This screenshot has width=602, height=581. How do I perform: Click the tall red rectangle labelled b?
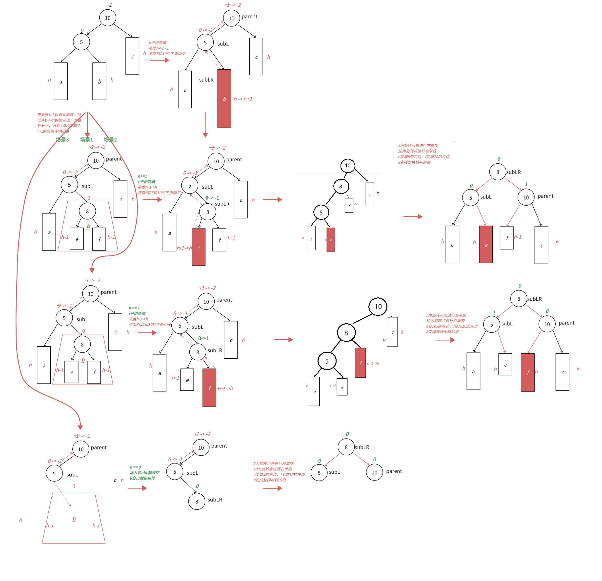[x=224, y=98]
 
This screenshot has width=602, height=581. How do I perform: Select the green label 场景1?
[x=87, y=140]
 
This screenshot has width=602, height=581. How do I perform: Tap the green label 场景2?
[x=110, y=140]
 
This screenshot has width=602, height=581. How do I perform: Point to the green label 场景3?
[x=62, y=140]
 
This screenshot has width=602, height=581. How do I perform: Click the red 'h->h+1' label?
[x=243, y=99]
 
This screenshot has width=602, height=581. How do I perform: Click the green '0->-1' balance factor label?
[x=212, y=198]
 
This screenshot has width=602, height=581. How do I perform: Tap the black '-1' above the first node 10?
[x=110, y=5]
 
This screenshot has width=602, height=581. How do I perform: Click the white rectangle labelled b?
[x=99, y=81]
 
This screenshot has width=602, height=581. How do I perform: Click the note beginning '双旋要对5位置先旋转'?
[x=59, y=123]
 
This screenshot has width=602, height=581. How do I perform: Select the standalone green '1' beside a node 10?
[x=526, y=184]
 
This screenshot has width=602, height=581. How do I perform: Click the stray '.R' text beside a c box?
[x=384, y=340]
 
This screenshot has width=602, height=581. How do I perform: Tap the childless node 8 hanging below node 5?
[x=197, y=502]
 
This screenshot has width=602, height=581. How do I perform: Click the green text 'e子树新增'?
[x=146, y=181]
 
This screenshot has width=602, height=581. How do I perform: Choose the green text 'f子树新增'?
[x=137, y=313]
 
